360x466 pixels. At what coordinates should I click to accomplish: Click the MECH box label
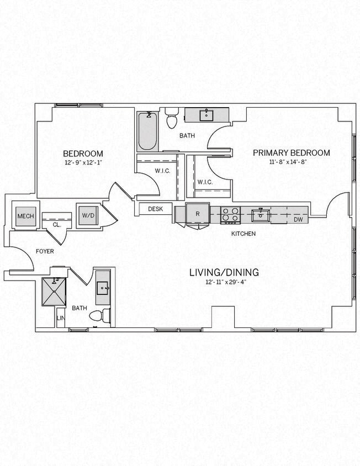[x=23, y=215]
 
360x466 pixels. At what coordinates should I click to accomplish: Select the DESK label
[x=155, y=209]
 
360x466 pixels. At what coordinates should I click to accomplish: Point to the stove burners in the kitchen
[x=230, y=214]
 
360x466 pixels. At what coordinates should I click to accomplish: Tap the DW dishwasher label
[x=298, y=219]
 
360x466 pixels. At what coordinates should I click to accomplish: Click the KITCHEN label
[x=243, y=234]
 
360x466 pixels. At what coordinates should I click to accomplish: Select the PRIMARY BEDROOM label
[x=292, y=153]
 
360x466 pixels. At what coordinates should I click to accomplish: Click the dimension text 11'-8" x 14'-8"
[x=292, y=162]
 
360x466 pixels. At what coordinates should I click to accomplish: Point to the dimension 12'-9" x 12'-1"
[x=83, y=162]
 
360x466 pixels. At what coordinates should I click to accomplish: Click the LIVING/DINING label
[x=224, y=272]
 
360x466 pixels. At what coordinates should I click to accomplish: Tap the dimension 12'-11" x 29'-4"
[x=224, y=283]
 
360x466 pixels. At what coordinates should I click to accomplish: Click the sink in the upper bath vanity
[x=208, y=115]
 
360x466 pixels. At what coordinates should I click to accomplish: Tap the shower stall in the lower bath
[x=55, y=291]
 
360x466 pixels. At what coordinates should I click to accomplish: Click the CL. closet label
[x=56, y=225]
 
